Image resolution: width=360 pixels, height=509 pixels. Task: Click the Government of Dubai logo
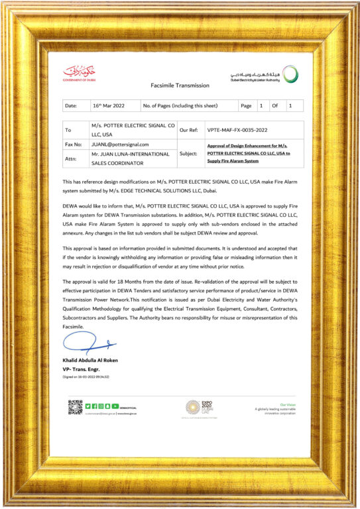pyautogui.click(x=79, y=72)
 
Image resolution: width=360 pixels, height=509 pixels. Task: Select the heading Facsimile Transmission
pyautogui.click(x=180, y=85)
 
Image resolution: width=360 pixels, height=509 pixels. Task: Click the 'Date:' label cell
pyautogui.click(x=71, y=105)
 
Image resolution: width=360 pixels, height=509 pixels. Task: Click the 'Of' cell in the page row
pyautogui.click(x=275, y=105)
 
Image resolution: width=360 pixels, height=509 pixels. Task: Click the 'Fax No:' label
pyautogui.click(x=73, y=144)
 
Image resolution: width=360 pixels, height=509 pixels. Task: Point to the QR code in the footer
pyautogui.click(x=75, y=406)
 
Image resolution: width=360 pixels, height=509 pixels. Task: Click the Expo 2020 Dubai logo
pyautogui.click(x=192, y=408)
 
